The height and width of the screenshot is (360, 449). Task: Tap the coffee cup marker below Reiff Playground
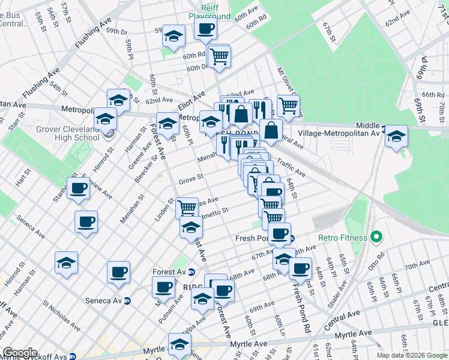(x=205, y=28)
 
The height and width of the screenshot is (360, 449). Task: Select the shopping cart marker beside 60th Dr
(x=219, y=56)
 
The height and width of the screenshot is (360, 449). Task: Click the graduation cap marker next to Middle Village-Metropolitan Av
(x=396, y=136)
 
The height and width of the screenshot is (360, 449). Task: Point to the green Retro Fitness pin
(x=376, y=238)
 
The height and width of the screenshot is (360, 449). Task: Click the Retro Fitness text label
(x=343, y=238)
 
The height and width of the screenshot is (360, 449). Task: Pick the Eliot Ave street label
(x=195, y=96)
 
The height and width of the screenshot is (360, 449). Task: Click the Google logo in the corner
(x=20, y=353)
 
